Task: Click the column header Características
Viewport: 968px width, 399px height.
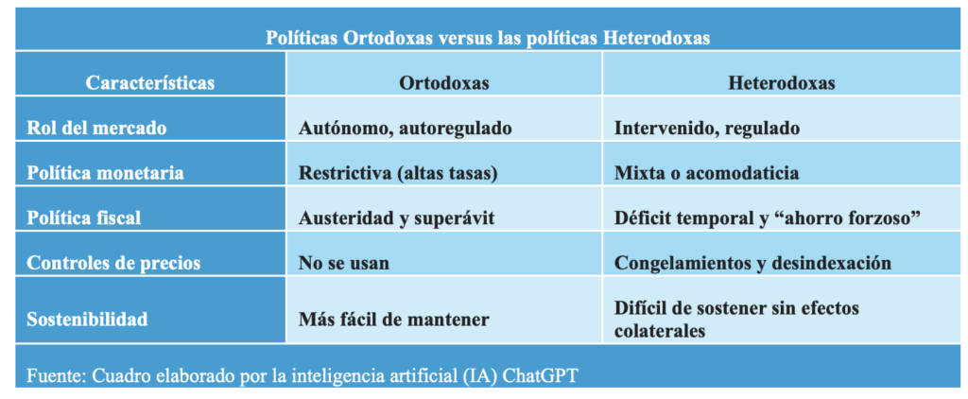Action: coord(150,83)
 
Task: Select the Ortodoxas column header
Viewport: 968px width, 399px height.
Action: coord(444,83)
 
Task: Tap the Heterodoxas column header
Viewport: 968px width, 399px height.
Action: coord(782,83)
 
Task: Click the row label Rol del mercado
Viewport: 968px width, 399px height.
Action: coord(96,128)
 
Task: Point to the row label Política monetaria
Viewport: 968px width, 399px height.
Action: coord(105,172)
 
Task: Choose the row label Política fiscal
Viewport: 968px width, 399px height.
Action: coord(84,218)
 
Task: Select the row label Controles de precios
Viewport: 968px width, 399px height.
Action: coord(113,263)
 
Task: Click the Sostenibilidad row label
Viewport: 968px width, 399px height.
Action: coord(87,320)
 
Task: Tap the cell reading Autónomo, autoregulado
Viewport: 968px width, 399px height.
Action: coord(405,129)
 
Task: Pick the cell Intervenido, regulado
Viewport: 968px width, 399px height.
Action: coord(707,129)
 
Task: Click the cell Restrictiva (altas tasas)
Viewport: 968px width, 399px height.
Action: coord(398,173)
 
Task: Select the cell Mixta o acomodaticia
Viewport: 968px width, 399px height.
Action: coord(707,173)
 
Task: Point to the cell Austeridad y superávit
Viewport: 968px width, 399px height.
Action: coord(396,218)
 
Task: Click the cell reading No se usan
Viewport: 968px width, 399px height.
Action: coord(344,263)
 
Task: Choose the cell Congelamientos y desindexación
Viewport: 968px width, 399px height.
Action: coord(753,264)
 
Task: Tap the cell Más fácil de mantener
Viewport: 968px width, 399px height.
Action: coord(394,320)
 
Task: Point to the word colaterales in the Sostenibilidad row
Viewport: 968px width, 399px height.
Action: coord(660,331)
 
